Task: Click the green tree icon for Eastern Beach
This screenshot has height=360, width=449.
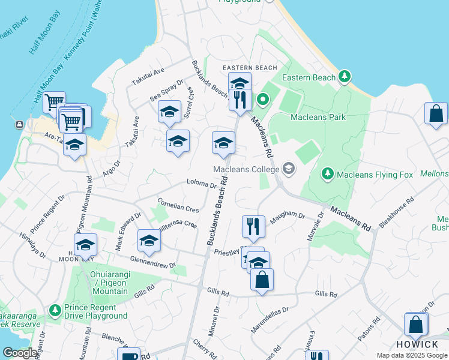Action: pos(345,77)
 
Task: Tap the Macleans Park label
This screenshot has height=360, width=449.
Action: pos(318,117)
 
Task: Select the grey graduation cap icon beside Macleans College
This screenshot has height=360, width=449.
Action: pos(289,169)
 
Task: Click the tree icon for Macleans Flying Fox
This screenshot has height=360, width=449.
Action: pos(327,174)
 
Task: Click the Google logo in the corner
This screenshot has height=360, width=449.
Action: pos(20,353)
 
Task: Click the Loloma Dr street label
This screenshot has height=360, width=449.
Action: pos(201,184)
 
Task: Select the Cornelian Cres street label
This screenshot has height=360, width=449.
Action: pos(178,205)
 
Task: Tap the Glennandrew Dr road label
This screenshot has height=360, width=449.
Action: pos(153,262)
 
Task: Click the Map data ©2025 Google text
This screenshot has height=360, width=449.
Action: pos(411,355)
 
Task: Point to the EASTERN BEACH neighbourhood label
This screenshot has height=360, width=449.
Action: pos(250,68)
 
